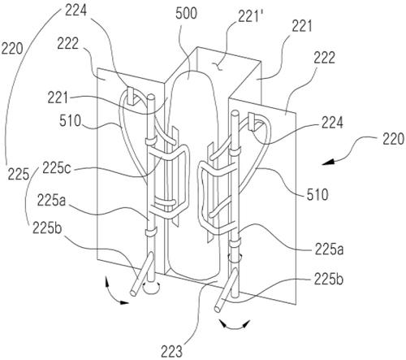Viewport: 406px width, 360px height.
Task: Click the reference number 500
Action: tap(186, 14)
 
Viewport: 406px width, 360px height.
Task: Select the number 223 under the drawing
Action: tap(171, 351)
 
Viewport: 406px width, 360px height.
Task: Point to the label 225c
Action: tap(57, 168)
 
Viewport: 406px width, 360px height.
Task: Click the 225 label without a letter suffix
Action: tap(18, 174)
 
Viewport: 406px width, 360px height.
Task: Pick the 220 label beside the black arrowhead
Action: tap(393, 140)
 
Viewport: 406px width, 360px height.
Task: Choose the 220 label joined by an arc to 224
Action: tap(12, 50)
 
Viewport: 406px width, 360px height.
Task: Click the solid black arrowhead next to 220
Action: tap(328, 162)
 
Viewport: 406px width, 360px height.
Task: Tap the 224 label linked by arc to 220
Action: tap(76, 11)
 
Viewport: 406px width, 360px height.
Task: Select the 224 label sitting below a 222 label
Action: tap(332, 122)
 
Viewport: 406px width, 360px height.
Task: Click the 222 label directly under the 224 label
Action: tap(68, 43)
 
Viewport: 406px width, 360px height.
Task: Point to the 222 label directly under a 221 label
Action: tap(325, 58)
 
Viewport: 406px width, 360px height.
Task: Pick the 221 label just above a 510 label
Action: tap(58, 98)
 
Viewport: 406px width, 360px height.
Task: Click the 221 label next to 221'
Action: tap(302, 27)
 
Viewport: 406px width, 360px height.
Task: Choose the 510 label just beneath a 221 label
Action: tap(70, 121)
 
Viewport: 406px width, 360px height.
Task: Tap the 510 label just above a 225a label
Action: tap(317, 194)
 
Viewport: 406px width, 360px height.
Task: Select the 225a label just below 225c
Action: tap(51, 200)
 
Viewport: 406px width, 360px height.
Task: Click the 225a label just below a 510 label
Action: tap(329, 249)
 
